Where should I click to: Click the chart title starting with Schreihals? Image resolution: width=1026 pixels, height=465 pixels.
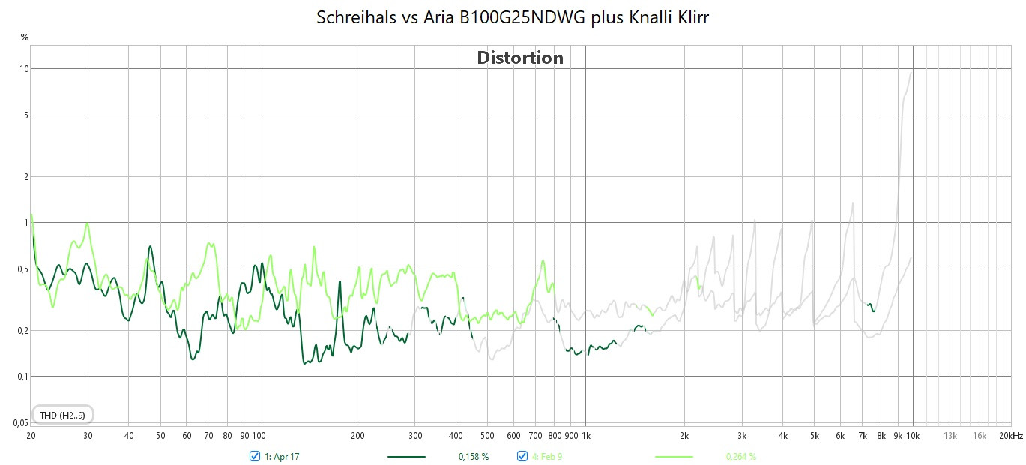(513, 18)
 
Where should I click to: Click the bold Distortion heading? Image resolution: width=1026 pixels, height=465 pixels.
(520, 58)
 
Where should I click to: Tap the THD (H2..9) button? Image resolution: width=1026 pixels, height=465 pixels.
(62, 415)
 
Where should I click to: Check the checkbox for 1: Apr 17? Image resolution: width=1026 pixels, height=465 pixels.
(254, 456)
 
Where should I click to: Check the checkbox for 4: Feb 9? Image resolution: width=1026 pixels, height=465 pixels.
(522, 456)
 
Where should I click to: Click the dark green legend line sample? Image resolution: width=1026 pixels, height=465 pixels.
(406, 456)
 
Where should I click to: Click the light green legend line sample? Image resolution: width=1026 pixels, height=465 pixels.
(674, 456)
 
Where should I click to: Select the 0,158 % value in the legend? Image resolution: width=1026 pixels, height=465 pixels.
(474, 456)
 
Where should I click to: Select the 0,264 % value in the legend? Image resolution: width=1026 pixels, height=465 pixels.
(740, 456)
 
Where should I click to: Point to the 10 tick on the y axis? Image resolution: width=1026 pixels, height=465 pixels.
(24, 69)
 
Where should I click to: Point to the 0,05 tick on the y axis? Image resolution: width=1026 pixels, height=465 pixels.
(22, 423)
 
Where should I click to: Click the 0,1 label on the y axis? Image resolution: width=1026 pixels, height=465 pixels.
(23, 376)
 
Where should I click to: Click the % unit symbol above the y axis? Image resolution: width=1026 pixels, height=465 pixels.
(24, 37)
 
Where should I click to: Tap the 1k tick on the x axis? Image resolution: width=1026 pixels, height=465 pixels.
(585, 435)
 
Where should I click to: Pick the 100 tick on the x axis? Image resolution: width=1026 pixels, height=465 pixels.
(259, 435)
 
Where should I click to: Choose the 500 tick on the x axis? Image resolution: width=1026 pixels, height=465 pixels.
(487, 435)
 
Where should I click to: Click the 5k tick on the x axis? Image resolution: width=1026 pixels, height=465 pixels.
(814, 435)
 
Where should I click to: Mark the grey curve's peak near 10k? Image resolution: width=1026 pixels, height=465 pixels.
(911, 72)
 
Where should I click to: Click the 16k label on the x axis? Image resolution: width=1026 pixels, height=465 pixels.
(980, 435)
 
